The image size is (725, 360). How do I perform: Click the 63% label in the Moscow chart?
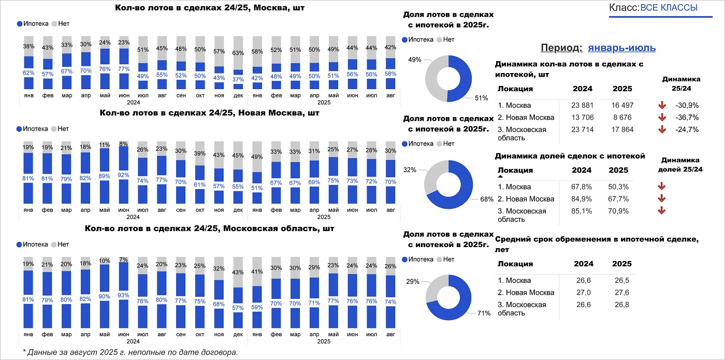point(238,53)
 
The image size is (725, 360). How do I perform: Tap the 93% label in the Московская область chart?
point(124,295)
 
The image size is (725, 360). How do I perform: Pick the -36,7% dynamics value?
point(687,118)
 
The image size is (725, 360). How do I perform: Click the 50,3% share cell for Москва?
point(618,186)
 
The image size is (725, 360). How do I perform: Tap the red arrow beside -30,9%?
point(661,105)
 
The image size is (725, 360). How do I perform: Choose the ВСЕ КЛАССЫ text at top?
point(669,8)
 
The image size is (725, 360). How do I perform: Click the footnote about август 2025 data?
point(130,352)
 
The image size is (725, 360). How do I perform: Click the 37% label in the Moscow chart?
point(238,79)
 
